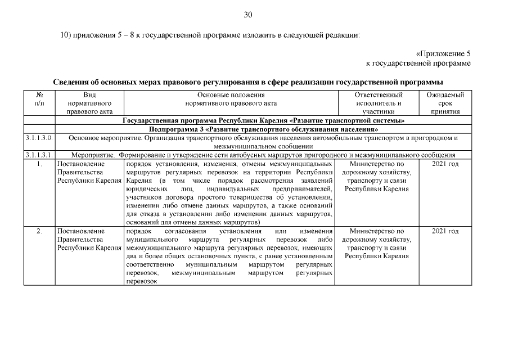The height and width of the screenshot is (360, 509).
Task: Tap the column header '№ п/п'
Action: pos(39,99)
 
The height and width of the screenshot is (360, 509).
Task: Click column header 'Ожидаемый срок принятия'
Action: pos(445,103)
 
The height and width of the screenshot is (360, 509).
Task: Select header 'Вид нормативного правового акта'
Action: pos(89,103)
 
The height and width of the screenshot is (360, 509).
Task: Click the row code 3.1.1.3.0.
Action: pos(39,138)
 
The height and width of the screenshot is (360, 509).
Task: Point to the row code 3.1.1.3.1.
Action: pos(39,155)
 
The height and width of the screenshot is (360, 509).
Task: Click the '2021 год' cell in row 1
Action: pos(445,164)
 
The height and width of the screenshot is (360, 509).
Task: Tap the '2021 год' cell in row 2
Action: pos(445,231)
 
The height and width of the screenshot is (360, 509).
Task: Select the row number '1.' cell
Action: pos(39,164)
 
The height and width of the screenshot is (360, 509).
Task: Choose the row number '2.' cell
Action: pos(39,231)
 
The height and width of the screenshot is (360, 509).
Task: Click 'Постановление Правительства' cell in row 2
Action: pos(89,239)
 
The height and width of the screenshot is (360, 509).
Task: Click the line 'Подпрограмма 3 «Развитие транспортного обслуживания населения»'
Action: pos(264,129)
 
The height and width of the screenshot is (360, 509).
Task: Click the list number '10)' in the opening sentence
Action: pos(66,35)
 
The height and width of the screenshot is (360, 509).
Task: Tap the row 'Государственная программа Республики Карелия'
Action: pos(264,121)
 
